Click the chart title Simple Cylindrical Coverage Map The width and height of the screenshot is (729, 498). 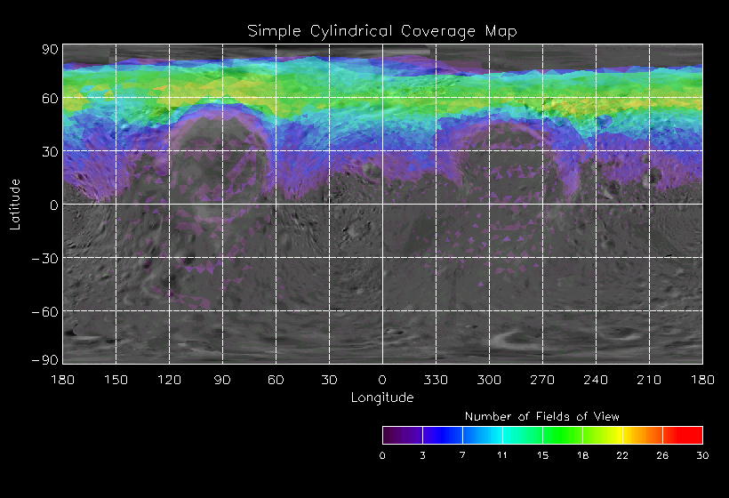[x=381, y=31]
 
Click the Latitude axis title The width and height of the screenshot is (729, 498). [x=15, y=204]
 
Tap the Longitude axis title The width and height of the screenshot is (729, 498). [x=382, y=398]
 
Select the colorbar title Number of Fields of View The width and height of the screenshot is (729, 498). [x=542, y=416]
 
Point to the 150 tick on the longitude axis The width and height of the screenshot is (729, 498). [x=116, y=380]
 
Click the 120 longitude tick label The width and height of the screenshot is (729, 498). [x=169, y=380]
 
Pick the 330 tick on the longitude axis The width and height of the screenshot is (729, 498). [x=436, y=380]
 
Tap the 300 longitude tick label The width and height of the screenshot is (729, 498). [x=489, y=380]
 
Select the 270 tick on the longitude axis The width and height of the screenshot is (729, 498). [x=542, y=380]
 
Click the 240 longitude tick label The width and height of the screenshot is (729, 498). [x=596, y=380]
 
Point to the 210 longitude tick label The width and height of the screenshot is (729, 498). [x=649, y=380]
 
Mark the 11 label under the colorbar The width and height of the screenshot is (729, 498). [x=502, y=455]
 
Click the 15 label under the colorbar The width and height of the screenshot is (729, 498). [x=542, y=455]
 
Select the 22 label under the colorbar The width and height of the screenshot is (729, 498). [x=622, y=455]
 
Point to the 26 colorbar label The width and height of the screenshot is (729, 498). [x=662, y=455]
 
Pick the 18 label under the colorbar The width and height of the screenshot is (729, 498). [x=582, y=455]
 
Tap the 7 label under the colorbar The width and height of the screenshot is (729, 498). [x=462, y=455]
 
